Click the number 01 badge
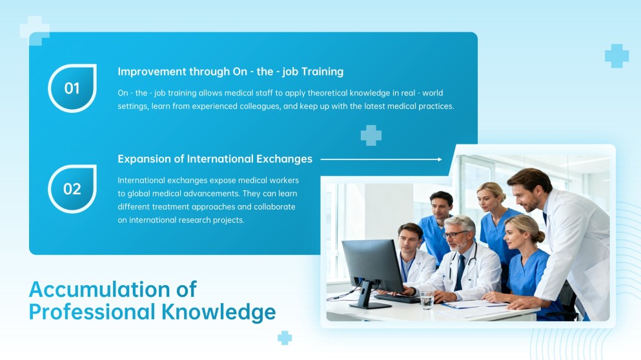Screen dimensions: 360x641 72,88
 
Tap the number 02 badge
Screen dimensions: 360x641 72,189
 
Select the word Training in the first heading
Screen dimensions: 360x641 321,72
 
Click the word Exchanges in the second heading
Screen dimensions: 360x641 283,159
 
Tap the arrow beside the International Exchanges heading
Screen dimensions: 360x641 381,159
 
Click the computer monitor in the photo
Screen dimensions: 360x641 372,265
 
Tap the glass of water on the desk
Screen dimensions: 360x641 427,299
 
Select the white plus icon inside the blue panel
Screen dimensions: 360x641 371,135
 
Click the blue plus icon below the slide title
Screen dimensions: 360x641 285,337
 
